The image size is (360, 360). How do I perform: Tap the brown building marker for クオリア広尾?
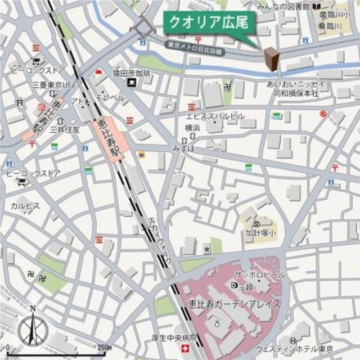[271, 59]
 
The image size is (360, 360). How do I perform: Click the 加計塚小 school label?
[259, 232]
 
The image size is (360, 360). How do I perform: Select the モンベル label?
[110, 97]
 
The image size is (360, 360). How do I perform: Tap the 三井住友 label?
[82, 129]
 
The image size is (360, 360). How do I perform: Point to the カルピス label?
[25, 206]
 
